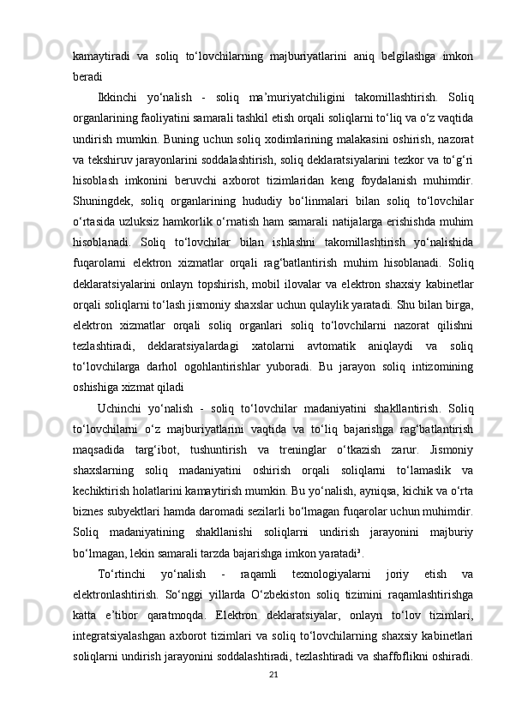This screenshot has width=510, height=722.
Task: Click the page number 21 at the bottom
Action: coord(273,698)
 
